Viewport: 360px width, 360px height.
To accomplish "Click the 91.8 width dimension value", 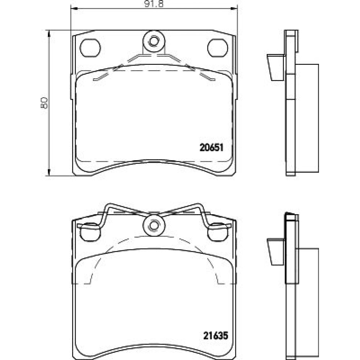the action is (x=154, y=4).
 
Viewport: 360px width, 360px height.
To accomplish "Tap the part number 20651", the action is (x=211, y=147).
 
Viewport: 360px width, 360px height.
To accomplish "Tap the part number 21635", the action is (x=216, y=336).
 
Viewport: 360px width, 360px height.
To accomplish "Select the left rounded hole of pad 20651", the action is (x=90, y=48).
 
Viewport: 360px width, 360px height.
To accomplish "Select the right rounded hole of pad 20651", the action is (x=218, y=48).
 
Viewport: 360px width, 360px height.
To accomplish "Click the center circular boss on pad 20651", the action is (x=154, y=41).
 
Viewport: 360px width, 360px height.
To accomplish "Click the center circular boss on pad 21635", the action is (x=154, y=225).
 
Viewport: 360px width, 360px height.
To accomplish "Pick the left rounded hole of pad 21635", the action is (x=90, y=232).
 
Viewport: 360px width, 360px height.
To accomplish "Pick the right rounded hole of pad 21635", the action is (x=218, y=232).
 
